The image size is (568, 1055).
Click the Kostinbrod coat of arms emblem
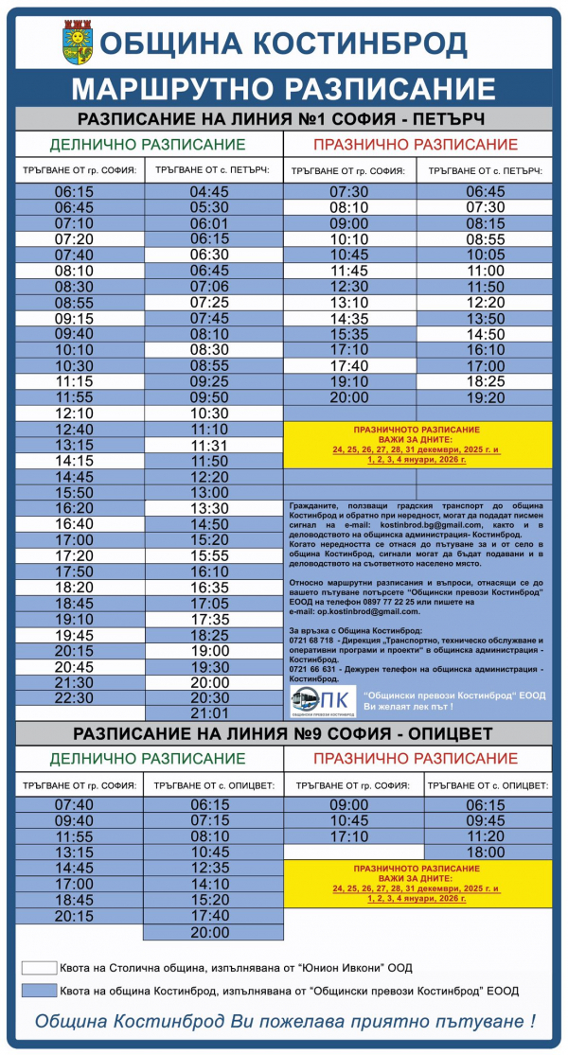[77, 44]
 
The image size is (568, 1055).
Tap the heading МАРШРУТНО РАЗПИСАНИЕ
[284, 89]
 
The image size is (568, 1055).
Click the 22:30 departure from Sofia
[74, 697]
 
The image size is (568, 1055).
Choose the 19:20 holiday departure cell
[486, 397]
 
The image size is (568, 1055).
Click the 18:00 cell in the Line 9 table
[486, 852]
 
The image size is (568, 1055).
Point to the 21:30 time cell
[74, 681]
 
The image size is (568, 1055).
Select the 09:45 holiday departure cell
[486, 820]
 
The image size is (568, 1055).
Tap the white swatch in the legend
[39, 968]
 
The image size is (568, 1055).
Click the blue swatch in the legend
[39, 991]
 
